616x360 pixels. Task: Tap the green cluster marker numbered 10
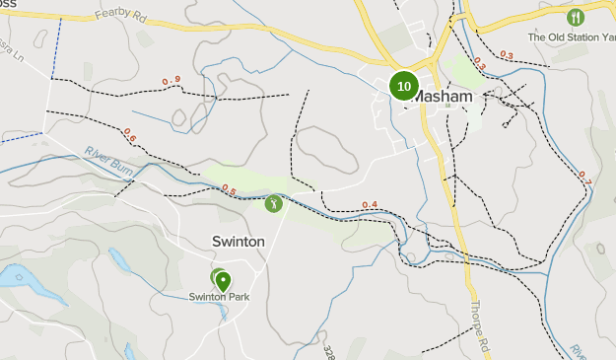pos(404,86)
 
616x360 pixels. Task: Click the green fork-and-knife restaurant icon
pos(576,17)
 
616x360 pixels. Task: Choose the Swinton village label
pos(238,241)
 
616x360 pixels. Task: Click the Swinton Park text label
pos(218,296)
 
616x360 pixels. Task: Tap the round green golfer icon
pos(273,204)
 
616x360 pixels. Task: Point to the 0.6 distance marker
pos(130,132)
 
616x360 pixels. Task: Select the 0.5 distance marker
pos(229,189)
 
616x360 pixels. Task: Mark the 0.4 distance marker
pos(370,205)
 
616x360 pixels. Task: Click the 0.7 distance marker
pos(583,177)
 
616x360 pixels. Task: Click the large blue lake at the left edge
pos(15,276)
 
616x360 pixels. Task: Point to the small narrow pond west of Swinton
pos(119,260)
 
